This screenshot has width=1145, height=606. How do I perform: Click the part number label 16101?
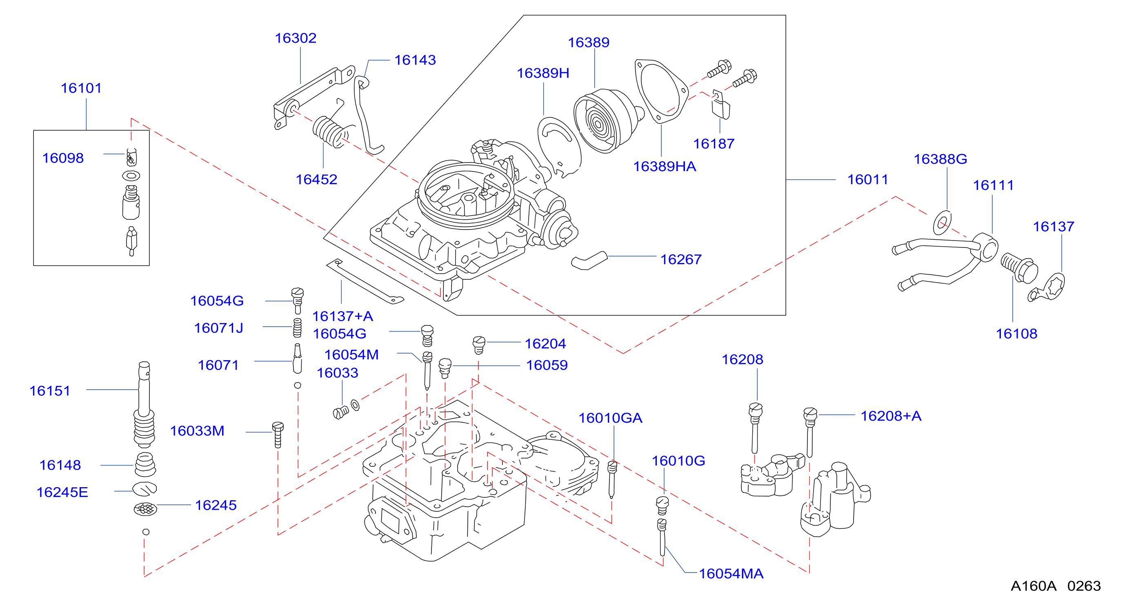point(81,88)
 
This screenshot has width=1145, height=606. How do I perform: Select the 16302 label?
point(296,38)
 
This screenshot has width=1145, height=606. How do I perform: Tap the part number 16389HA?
point(665,166)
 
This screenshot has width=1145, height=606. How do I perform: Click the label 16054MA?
point(731,574)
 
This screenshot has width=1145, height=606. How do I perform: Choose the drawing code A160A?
point(1034,586)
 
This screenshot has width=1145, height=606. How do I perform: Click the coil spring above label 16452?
point(330,131)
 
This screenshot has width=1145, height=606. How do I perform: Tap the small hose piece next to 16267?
point(589,260)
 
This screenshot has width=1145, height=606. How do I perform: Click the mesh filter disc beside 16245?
point(145,509)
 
